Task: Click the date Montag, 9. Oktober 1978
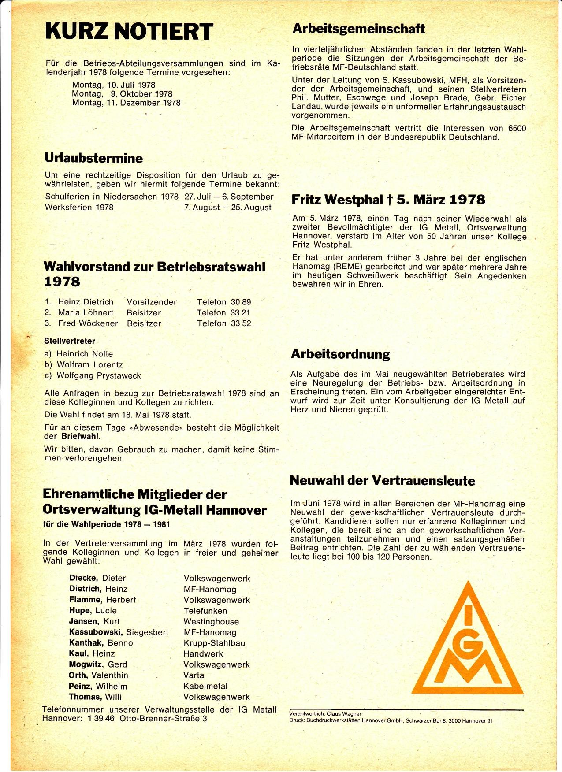123,93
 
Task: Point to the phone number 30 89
241,302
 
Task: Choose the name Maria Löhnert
86,312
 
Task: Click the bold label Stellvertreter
70,341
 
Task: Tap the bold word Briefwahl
81,437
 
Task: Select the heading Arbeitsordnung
340,354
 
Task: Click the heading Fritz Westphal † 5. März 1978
388,200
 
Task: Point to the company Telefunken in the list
205,611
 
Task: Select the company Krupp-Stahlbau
214,643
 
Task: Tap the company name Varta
194,675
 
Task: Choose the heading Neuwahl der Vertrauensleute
383,480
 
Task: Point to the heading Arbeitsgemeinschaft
359,29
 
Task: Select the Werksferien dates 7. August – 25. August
228,207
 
